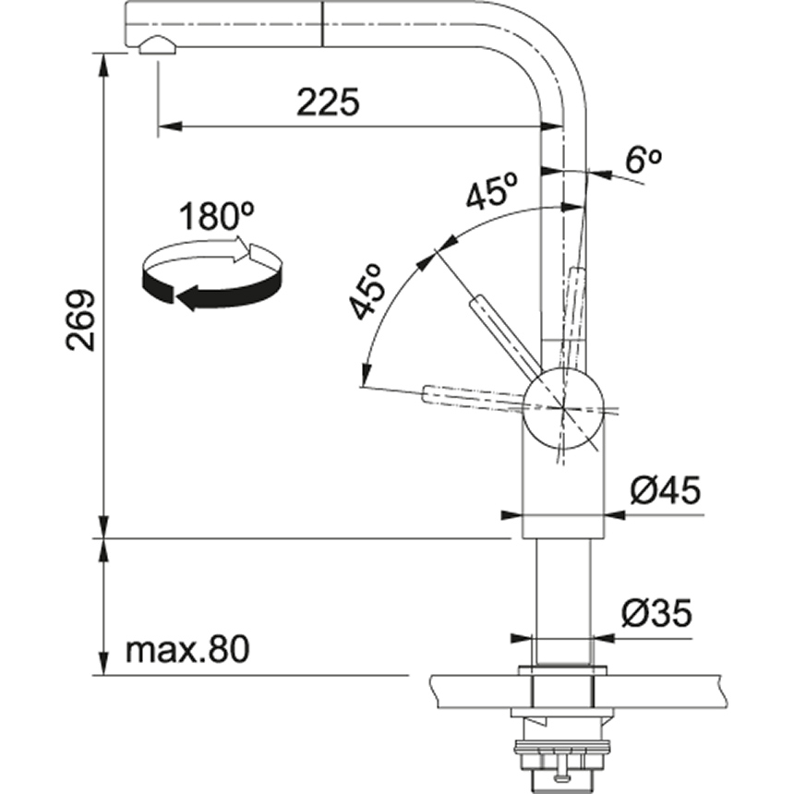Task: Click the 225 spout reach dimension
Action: (x=327, y=102)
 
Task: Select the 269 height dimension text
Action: (x=81, y=320)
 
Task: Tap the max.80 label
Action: (x=187, y=651)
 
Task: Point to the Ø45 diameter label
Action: (x=666, y=490)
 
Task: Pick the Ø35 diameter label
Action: (x=656, y=612)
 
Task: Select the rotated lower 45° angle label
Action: (x=368, y=292)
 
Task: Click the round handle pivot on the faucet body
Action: (x=562, y=405)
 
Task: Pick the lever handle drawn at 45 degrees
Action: (x=504, y=333)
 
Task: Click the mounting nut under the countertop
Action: (x=561, y=729)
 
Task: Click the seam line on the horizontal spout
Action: (x=320, y=22)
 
